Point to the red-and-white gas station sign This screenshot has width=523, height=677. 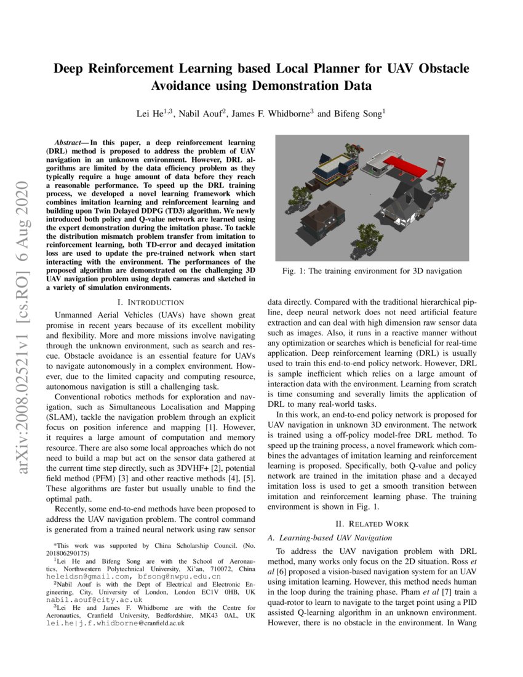pyautogui.click(x=441, y=161)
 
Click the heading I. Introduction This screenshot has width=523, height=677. pyautogui.click(x=150, y=302)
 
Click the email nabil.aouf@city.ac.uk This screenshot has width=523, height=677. pyautogui.click(x=94, y=599)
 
